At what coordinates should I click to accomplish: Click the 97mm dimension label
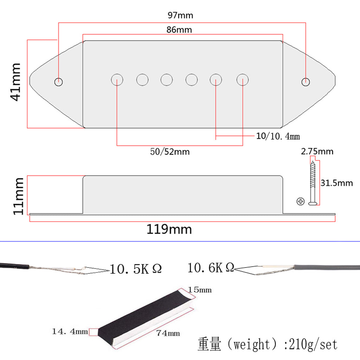pyautogui.click(x=180, y=15)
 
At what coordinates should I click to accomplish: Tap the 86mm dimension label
pyautogui.click(x=179, y=30)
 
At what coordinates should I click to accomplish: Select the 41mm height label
pyautogui.click(x=16, y=82)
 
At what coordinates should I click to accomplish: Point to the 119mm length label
pyautogui.click(x=169, y=230)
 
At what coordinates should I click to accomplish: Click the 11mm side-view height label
pyautogui.click(x=18, y=196)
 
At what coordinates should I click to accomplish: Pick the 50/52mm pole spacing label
pyautogui.click(x=170, y=152)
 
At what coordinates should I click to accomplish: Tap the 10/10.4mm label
pyautogui.click(x=278, y=136)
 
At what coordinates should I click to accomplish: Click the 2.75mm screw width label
pyautogui.click(x=317, y=152)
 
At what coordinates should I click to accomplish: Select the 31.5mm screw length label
pyautogui.click(x=336, y=183)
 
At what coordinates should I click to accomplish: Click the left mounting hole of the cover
pyautogui.click(x=59, y=82)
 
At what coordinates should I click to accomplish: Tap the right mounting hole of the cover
pyautogui.click(x=306, y=82)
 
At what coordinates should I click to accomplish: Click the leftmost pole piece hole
pyautogui.click(x=117, y=80)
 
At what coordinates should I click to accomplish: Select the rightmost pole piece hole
pyautogui.click(x=243, y=80)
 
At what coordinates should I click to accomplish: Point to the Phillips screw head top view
pyautogui.click(x=300, y=201)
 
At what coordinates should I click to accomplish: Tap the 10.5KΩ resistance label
pyautogui.click(x=136, y=269)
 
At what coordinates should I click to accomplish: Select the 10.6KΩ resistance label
pyautogui.click(x=211, y=268)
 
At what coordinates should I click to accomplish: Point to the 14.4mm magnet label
pyautogui.click(x=70, y=331)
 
